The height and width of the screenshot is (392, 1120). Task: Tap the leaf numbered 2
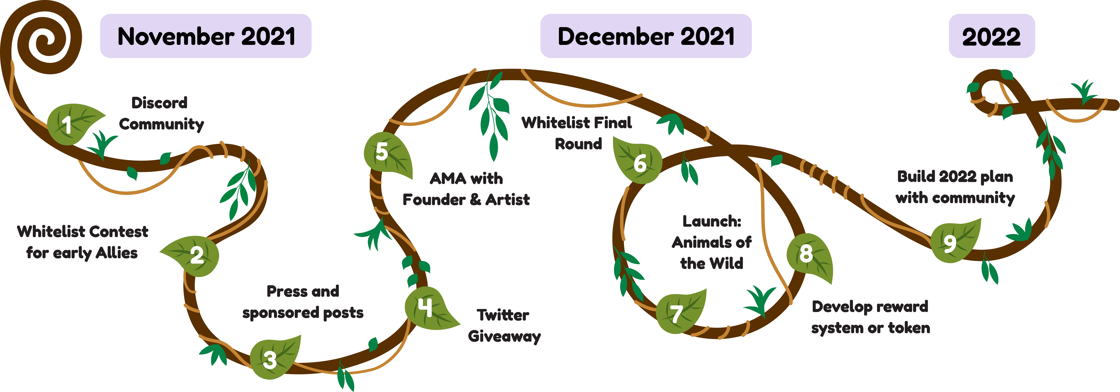point(197,256)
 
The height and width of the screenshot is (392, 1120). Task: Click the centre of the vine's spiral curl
point(43,41)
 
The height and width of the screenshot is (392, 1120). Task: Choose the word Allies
point(116,253)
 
